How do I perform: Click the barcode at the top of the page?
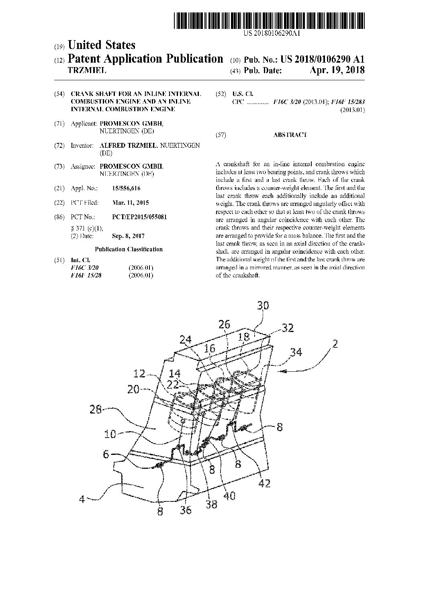(x=270, y=20)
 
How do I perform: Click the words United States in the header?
(x=102, y=45)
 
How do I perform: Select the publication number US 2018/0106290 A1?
(x=323, y=59)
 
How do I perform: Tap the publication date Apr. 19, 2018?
(x=337, y=70)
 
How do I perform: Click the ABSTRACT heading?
(x=290, y=135)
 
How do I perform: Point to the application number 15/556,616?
(x=127, y=188)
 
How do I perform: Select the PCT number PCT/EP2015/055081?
(x=139, y=217)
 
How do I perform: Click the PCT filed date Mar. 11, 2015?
(x=131, y=203)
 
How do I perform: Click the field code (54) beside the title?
(x=59, y=94)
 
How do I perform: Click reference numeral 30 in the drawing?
(x=263, y=306)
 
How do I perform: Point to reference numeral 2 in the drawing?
(x=334, y=344)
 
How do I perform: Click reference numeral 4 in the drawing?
(x=82, y=499)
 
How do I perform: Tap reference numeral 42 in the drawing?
(x=264, y=483)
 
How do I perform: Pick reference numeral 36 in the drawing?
(x=186, y=510)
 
